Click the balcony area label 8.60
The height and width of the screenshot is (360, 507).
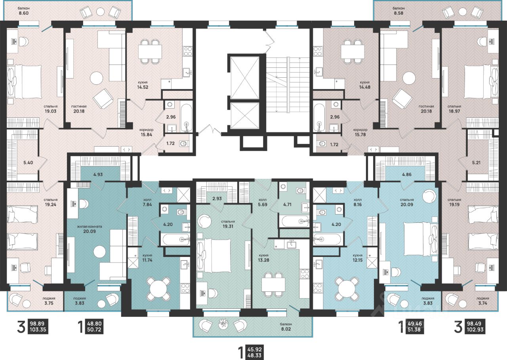[x=24, y=13]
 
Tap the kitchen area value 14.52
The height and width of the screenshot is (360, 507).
[x=143, y=87]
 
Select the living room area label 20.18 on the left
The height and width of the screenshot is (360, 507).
[x=79, y=111]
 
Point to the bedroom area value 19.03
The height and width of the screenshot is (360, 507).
[x=50, y=111]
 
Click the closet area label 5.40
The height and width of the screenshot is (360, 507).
[x=28, y=163]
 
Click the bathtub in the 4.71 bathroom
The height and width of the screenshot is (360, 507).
[x=294, y=221]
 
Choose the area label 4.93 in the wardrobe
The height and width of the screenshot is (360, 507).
[x=98, y=174]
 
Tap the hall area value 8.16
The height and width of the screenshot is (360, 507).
[x=358, y=205]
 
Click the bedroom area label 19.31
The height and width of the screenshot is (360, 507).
[x=228, y=226]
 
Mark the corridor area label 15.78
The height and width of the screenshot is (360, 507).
[x=360, y=134]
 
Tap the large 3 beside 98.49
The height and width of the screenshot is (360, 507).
[x=458, y=327]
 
